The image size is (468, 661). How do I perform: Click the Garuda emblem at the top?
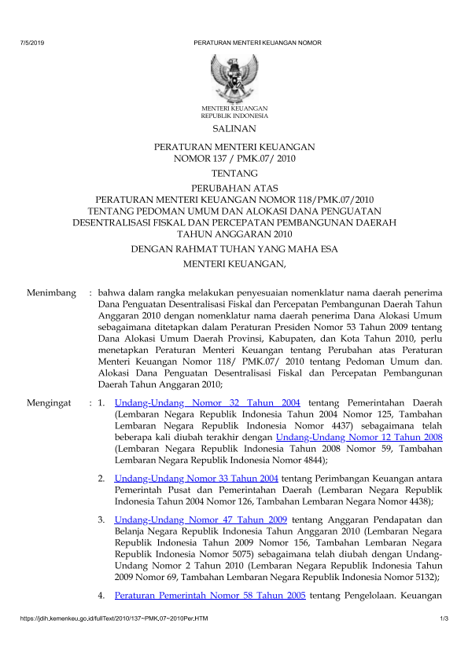tap(234, 77)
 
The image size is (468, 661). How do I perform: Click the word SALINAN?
tap(234, 128)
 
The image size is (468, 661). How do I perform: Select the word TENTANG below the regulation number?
tap(234, 173)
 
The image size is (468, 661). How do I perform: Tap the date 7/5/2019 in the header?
tap(32, 42)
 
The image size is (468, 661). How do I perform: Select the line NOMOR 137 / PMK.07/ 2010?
tap(234, 158)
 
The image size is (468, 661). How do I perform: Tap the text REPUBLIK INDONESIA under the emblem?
tap(234, 115)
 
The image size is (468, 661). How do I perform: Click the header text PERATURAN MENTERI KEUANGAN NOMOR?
tap(257, 42)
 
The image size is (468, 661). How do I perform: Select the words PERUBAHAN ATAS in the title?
tap(234, 189)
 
